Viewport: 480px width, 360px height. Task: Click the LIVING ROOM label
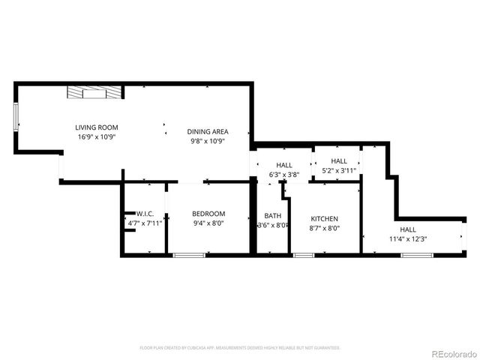pyautogui.click(x=96, y=127)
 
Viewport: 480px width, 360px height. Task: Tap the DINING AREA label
pyautogui.click(x=208, y=131)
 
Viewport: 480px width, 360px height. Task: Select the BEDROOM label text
pyautogui.click(x=208, y=214)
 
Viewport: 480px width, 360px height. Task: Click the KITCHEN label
pyautogui.click(x=324, y=219)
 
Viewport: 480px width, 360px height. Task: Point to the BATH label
pyautogui.click(x=272, y=216)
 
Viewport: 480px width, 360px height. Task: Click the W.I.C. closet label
pyautogui.click(x=145, y=214)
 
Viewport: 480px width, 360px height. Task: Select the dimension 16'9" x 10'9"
pyautogui.click(x=96, y=137)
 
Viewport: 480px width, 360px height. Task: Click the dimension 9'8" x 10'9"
pyautogui.click(x=208, y=141)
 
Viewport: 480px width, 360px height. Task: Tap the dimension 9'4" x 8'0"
pyautogui.click(x=208, y=223)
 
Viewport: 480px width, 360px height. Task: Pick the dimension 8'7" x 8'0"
pyautogui.click(x=324, y=229)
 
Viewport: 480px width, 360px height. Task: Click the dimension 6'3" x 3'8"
pyautogui.click(x=284, y=175)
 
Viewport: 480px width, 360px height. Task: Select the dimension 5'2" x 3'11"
pyautogui.click(x=339, y=170)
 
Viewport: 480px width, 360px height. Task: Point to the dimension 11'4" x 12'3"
pyautogui.click(x=407, y=239)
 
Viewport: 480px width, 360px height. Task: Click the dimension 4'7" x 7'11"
pyautogui.click(x=145, y=223)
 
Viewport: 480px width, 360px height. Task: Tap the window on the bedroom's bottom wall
pyautogui.click(x=189, y=256)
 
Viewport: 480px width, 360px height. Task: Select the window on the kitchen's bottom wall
pyautogui.click(x=304, y=256)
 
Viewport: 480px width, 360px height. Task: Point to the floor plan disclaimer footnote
pyautogui.click(x=240, y=348)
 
